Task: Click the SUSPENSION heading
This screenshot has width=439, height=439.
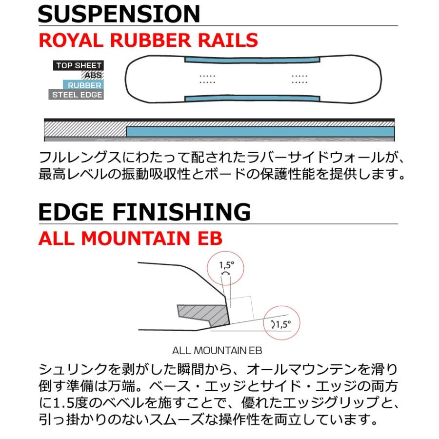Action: (x=119, y=14)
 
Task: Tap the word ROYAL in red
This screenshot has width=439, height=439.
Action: (x=71, y=40)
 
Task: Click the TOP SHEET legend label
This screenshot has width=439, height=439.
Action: (x=79, y=65)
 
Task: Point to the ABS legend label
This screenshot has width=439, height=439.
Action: (x=93, y=75)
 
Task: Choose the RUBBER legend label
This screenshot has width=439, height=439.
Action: (x=83, y=85)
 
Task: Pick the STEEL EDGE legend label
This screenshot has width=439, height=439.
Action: (x=76, y=95)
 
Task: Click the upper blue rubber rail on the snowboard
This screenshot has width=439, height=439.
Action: (x=252, y=60)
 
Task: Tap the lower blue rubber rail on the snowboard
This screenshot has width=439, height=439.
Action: (x=252, y=98)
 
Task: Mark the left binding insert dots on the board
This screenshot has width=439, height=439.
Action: (x=207, y=79)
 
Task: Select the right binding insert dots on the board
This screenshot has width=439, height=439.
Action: (x=299, y=79)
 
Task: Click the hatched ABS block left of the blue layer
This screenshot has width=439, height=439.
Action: (x=85, y=129)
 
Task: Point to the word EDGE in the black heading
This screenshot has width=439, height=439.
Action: (x=71, y=212)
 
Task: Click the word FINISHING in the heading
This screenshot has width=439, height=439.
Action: (x=181, y=212)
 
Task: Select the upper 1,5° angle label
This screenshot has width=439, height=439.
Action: (x=226, y=265)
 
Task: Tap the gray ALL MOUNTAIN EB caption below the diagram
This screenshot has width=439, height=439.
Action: (x=217, y=351)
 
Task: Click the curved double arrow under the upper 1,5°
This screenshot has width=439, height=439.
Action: (x=226, y=273)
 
